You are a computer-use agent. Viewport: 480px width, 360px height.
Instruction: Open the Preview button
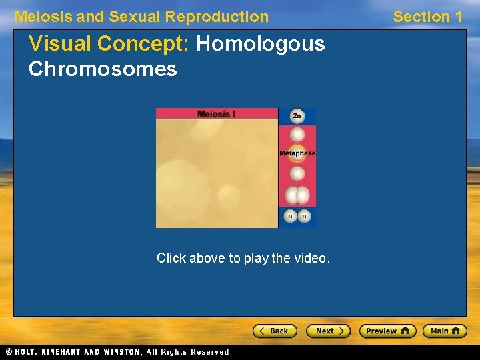[387, 331]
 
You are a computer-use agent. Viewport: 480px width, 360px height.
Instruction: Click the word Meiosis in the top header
[43, 17]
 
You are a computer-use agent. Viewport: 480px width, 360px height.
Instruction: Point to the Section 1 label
[427, 17]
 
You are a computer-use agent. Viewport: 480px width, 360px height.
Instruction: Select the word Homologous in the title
[261, 44]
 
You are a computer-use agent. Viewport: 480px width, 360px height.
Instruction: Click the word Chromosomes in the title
[103, 69]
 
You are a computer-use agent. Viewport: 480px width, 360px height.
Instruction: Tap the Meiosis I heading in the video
[216, 113]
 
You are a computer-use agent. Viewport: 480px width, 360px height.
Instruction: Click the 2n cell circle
[297, 116]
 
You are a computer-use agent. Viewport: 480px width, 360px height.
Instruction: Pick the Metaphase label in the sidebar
[297, 153]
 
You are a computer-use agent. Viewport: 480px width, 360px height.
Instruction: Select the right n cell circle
[305, 216]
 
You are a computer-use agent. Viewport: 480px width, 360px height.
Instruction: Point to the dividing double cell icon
[297, 195]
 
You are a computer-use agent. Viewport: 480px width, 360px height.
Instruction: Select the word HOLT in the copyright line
[26, 352]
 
